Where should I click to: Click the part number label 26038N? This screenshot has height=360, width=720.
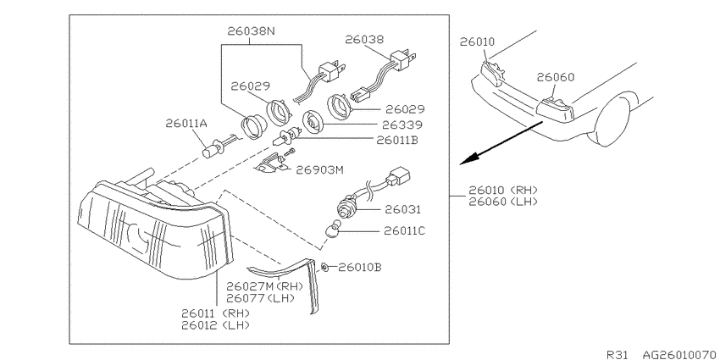(x=251, y=31)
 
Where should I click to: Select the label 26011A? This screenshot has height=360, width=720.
(x=186, y=123)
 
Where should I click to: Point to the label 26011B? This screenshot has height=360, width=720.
(x=397, y=140)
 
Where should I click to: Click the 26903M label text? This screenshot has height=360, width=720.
(x=319, y=170)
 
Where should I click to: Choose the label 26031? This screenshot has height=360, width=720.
(x=402, y=210)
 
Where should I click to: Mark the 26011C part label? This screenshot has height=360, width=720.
(x=405, y=230)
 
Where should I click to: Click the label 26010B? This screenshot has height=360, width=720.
(x=359, y=267)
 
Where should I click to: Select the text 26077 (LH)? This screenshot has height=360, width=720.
(x=260, y=298)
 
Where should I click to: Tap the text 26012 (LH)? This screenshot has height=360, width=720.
(x=217, y=325)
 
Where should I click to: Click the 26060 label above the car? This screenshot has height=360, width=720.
(x=556, y=77)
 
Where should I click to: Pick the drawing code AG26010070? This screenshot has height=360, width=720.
(x=680, y=354)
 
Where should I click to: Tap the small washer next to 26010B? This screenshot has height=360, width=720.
(x=325, y=266)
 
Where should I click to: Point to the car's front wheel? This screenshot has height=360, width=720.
(x=613, y=120)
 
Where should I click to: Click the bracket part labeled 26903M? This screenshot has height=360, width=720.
(x=271, y=164)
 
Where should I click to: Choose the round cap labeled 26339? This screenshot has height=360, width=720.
(x=313, y=122)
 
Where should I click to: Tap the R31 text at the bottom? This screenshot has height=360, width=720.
(x=617, y=354)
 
